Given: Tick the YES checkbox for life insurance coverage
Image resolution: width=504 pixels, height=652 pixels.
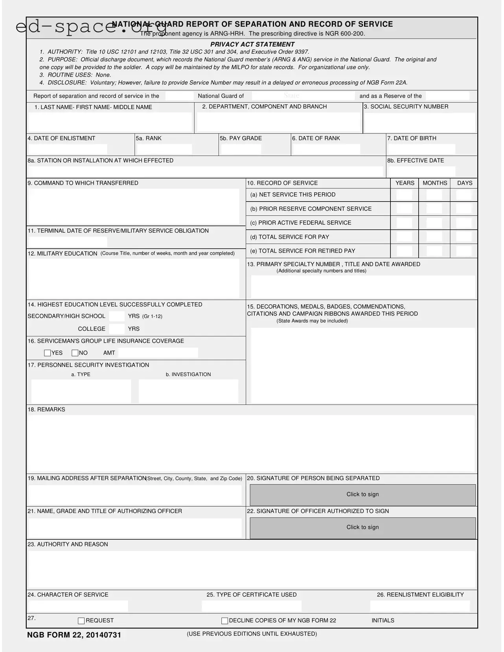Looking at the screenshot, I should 47,353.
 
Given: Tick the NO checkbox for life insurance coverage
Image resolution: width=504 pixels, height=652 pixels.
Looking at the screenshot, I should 75,353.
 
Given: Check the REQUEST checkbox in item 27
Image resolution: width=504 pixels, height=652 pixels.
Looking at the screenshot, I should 81,621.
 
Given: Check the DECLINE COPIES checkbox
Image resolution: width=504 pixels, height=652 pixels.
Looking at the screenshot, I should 224,621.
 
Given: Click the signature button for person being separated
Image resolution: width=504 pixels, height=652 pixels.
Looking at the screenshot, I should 362,494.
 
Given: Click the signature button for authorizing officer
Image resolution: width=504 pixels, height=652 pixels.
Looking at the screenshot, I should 362,527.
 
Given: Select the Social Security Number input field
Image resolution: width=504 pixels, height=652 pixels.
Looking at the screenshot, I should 419,123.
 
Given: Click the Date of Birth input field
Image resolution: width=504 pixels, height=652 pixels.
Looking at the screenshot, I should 421,149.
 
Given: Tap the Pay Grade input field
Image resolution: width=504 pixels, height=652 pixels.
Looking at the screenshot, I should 241,149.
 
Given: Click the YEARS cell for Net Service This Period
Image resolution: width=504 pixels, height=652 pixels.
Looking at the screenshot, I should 404,195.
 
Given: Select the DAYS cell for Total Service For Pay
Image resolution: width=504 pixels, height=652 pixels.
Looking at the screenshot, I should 464,237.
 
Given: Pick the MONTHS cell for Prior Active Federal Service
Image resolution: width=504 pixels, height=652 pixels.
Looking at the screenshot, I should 434,223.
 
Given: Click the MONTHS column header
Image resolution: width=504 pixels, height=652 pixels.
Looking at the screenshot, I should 435,183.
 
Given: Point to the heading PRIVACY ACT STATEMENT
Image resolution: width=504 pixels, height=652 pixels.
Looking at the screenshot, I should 252,44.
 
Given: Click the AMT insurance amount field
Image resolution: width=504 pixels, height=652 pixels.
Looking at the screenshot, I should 158,353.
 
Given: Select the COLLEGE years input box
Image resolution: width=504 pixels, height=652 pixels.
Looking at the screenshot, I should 117,329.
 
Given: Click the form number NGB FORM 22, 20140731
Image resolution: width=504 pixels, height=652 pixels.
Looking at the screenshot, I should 74,635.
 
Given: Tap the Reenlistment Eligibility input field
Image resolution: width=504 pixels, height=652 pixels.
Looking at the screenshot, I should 420,606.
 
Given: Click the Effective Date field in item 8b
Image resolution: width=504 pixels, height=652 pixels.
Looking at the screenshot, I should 421,172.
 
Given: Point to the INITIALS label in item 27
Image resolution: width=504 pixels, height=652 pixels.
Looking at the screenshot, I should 383,621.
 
